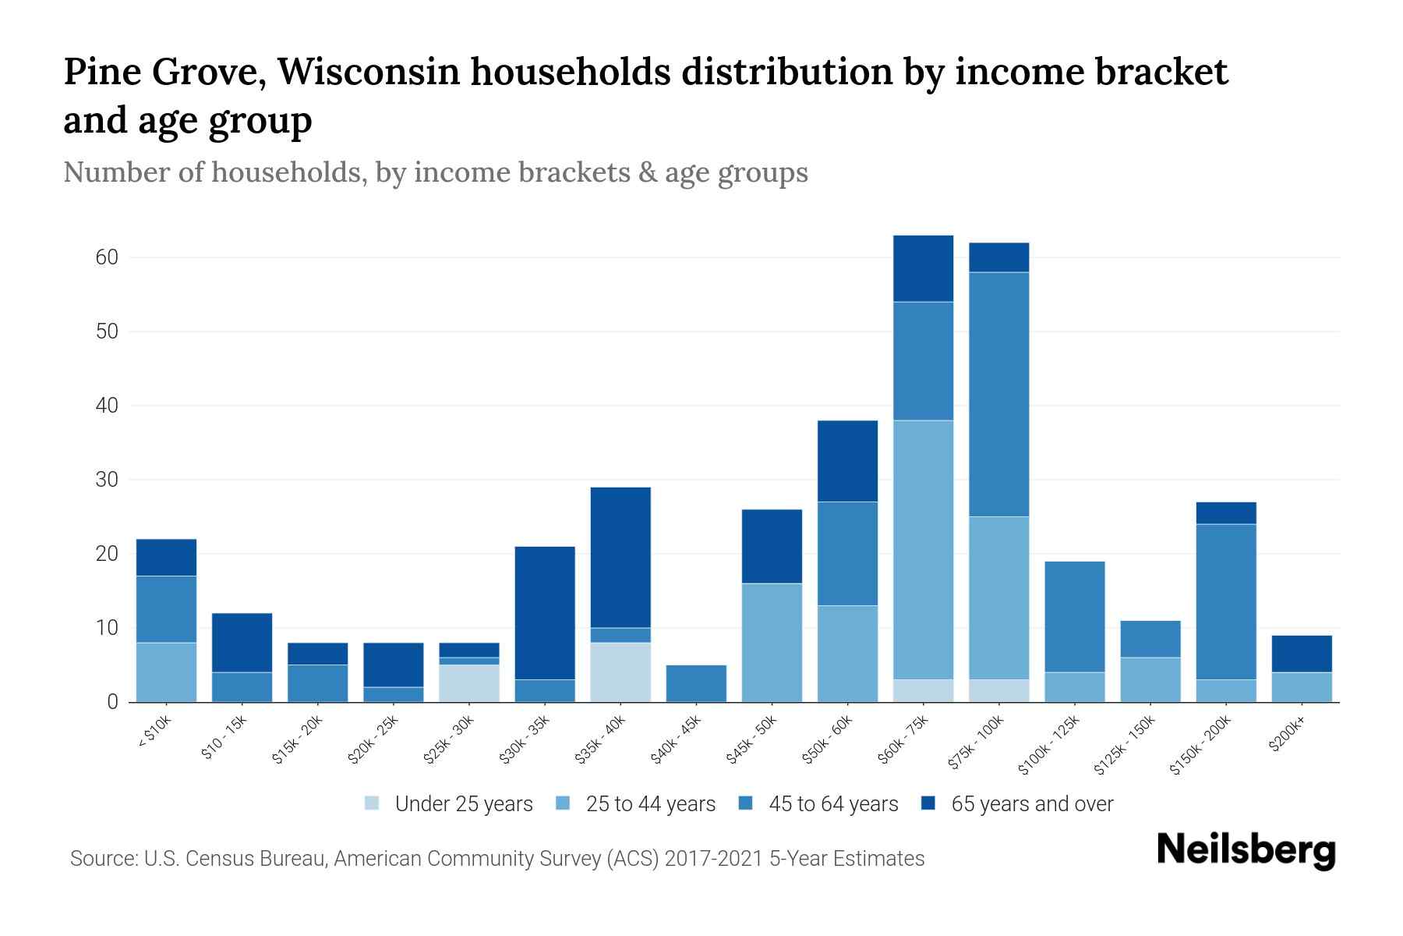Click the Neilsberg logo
1246,850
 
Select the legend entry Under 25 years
463,804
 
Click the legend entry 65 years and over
1031,804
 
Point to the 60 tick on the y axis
107,257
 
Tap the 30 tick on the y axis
107,480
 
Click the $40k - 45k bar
696,683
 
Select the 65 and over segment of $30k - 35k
545,613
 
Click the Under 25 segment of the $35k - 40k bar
620,672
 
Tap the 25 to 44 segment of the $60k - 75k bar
923,550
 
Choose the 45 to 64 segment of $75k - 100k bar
998,394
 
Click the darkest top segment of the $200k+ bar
1302,654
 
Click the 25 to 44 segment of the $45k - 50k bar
772,643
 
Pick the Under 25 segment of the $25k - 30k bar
469,683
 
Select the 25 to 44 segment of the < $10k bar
166,672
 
